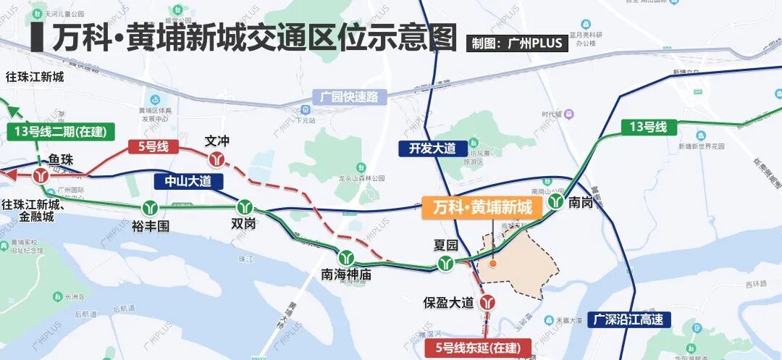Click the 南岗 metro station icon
(555, 202)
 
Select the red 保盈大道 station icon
(489, 300)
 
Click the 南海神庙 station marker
(346, 256)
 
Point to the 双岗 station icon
(245, 206)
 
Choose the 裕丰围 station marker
(151, 207)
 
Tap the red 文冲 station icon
(216, 159)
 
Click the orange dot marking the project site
(493, 264)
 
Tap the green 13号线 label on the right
(647, 127)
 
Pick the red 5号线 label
(153, 147)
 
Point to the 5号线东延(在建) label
(477, 348)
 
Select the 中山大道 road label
(188, 181)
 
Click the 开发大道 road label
(432, 148)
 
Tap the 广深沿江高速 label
(628, 319)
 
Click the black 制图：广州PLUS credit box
(516, 43)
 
